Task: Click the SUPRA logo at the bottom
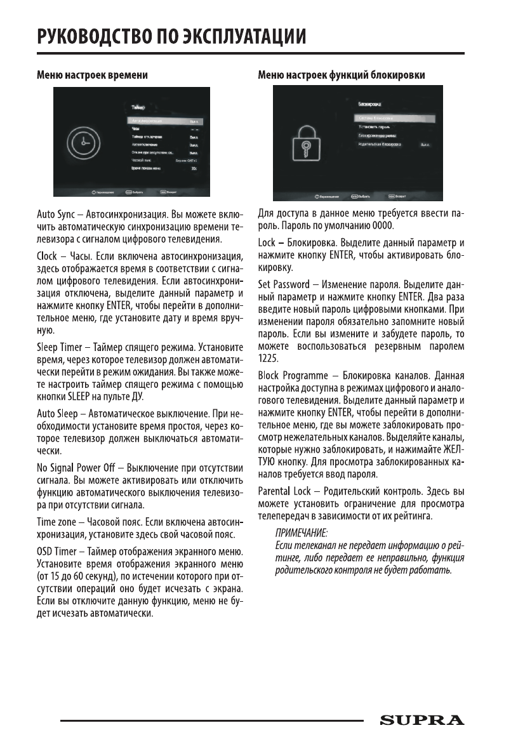[x=421, y=720]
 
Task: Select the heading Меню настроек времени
[x=92, y=75]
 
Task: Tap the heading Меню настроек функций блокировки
[x=342, y=75]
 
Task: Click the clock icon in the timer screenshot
[x=83, y=147]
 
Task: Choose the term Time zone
[x=56, y=520]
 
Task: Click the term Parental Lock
[x=284, y=491]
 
